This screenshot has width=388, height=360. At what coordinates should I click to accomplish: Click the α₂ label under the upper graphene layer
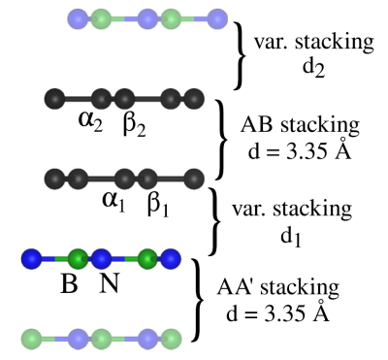[90, 122]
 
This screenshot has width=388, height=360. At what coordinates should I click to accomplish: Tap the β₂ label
[135, 124]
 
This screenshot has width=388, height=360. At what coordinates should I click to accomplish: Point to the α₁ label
[113, 203]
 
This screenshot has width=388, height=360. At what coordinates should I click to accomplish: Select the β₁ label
[158, 205]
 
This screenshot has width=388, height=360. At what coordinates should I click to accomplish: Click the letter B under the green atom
[69, 283]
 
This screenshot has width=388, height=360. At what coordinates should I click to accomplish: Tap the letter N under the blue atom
[109, 283]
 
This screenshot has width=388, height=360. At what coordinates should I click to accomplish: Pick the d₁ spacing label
[291, 236]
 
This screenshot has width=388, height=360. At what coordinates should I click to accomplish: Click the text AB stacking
[300, 125]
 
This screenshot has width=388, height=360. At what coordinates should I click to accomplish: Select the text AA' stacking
[278, 287]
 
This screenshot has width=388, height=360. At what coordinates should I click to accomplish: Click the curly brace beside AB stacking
[221, 140]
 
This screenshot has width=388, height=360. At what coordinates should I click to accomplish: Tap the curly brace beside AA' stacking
[198, 300]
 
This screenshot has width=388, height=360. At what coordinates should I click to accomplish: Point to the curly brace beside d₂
[240, 55]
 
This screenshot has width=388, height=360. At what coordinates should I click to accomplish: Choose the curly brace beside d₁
[214, 221]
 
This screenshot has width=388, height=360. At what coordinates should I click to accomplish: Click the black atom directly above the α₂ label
[102, 98]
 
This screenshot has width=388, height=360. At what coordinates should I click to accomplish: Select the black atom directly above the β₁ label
[148, 179]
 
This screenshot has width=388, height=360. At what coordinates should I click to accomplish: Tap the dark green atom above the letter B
[79, 258]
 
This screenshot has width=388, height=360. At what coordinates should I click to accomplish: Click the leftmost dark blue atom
[32, 258]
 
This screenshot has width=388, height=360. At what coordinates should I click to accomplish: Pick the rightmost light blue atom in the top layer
[217, 18]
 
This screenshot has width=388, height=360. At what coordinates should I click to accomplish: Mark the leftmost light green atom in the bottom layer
[32, 339]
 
